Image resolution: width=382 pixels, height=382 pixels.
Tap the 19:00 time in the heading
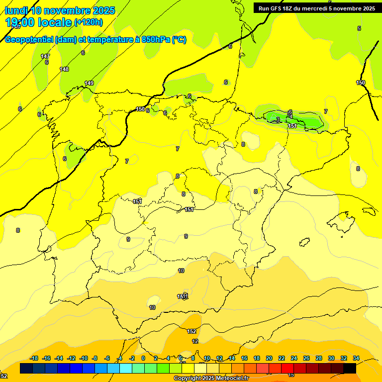(20, 22)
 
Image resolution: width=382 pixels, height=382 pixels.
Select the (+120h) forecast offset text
(89, 22)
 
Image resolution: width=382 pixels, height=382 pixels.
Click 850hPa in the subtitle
(156, 40)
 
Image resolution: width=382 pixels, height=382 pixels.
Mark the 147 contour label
(45, 56)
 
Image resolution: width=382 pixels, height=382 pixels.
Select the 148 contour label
(64, 69)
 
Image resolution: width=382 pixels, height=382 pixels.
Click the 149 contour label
(89, 83)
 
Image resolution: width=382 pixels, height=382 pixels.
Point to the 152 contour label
(191, 331)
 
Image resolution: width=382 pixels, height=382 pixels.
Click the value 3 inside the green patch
(278, 120)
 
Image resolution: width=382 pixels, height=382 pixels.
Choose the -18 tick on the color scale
(34, 358)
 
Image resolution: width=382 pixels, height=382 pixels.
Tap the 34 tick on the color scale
(356, 358)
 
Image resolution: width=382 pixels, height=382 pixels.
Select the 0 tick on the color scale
(143, 358)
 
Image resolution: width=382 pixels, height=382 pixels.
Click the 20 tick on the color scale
(269, 358)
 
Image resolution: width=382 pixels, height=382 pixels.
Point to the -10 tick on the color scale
(84, 358)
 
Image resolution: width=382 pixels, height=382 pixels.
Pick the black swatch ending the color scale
(350, 369)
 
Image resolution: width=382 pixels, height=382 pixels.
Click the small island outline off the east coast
(305, 242)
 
